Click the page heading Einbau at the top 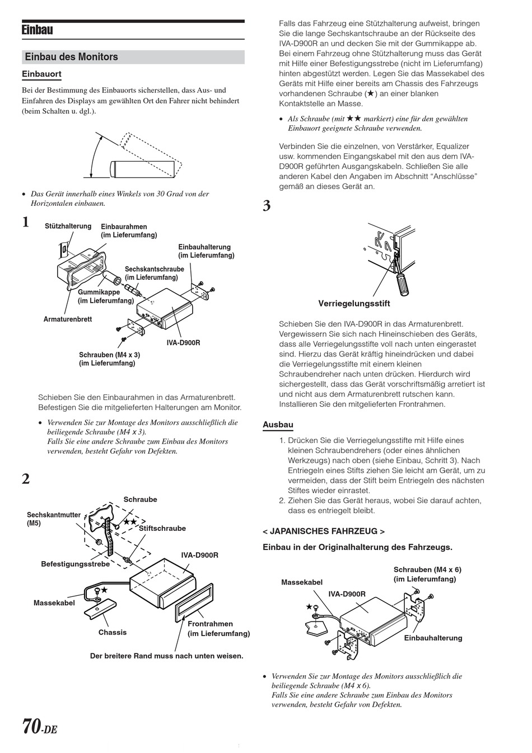click(38, 30)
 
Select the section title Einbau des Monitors click(72, 57)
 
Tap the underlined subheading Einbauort click(41, 74)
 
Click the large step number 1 click(26, 223)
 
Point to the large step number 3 click(267, 206)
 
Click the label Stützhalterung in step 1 click(68, 226)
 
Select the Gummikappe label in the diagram click(97, 293)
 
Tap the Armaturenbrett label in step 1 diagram click(68, 319)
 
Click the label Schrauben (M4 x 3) click(110, 355)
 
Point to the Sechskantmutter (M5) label click(53, 515)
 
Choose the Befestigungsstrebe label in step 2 click(76, 564)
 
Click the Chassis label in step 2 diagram click(113, 632)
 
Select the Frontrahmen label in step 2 click(211, 624)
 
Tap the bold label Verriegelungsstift click(354, 304)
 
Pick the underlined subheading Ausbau click(278, 425)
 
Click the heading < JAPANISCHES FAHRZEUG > click(324, 531)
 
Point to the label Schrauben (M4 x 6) click(427, 570)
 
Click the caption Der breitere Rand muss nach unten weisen click(167, 656)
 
